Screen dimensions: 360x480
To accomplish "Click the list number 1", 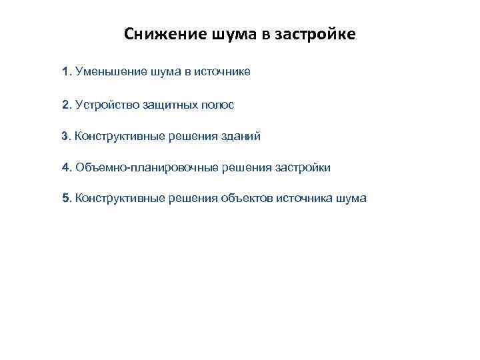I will click(65, 71).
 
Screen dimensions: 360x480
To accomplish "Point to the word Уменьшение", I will click(107, 71).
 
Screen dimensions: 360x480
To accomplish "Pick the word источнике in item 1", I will click(223, 71).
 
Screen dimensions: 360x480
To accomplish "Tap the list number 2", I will click(65, 105).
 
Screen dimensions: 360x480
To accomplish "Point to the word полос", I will click(218, 105).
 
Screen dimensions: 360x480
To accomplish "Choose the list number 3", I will click(65, 137).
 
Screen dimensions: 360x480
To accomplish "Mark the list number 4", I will click(65, 167).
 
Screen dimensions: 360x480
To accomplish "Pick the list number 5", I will click(65, 198).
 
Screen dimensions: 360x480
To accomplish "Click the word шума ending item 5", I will click(351, 198).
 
